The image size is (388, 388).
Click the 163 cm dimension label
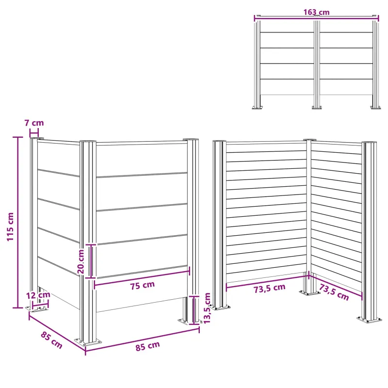(317, 12)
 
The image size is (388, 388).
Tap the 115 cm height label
(10, 226)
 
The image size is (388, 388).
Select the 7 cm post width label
(34, 123)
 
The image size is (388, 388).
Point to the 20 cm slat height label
(81, 261)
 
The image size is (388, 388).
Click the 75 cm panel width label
(143, 285)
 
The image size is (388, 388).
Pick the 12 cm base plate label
(38, 295)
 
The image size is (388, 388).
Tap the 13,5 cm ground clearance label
(207, 308)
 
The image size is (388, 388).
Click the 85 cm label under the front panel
(148, 346)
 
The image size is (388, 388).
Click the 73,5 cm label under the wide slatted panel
(270, 288)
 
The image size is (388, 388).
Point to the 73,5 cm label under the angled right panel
(334, 292)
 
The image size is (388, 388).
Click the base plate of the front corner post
(88, 343)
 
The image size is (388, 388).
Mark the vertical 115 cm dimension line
(17, 223)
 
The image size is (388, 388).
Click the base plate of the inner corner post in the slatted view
(309, 293)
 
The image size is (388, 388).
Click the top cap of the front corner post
(88, 141)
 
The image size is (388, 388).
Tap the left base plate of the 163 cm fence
(258, 107)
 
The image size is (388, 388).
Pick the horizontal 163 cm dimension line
(317, 16)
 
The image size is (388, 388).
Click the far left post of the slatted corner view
(219, 224)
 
